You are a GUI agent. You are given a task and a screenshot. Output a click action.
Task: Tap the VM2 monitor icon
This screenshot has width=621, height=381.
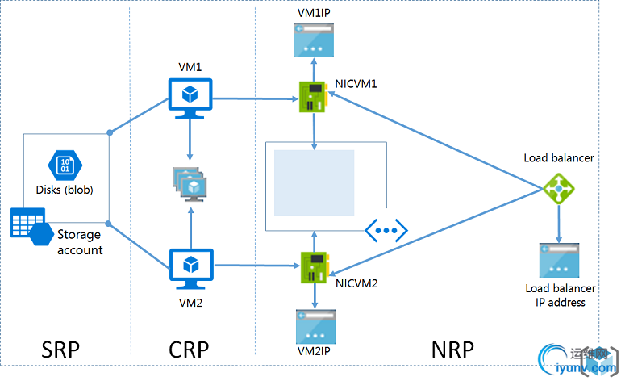191,266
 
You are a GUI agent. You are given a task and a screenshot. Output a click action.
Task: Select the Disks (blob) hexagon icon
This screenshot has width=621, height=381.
65,165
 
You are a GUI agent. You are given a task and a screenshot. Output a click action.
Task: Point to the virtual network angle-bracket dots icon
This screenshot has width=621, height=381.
387,230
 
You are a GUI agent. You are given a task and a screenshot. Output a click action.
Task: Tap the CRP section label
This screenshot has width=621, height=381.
189,349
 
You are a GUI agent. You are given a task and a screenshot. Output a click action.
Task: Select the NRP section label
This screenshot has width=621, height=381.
452,349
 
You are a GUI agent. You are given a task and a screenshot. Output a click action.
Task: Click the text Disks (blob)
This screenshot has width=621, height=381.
65,190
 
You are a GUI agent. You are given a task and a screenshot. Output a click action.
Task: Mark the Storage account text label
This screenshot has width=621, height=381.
80,242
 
